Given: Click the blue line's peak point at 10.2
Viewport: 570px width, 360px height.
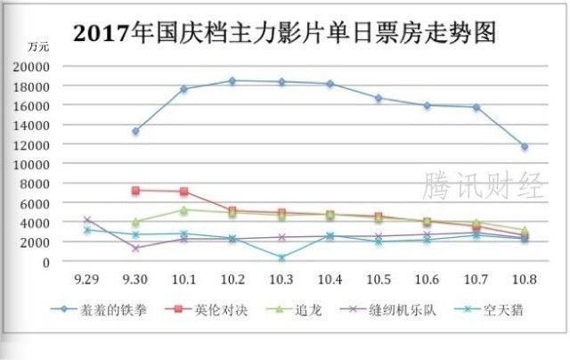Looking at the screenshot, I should [x=232, y=81].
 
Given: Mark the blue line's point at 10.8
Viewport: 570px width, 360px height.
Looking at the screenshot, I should [x=525, y=146].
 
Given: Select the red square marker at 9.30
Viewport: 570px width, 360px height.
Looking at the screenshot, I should [x=135, y=191].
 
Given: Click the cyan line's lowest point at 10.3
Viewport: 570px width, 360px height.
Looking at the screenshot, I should [x=281, y=258].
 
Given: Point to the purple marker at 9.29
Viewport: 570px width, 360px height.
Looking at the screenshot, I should [x=86, y=219].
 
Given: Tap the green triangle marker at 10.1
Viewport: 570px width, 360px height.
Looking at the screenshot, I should [x=183, y=210].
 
